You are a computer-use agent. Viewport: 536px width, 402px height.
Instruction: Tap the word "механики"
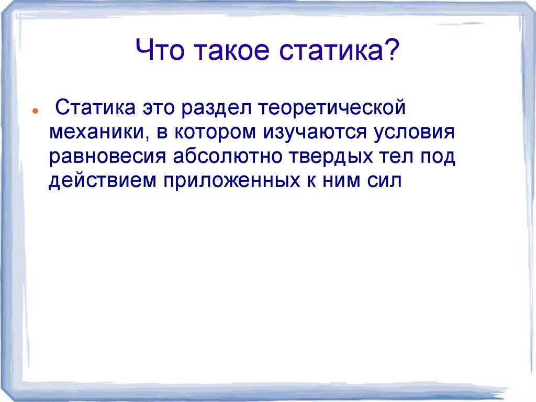(94, 133)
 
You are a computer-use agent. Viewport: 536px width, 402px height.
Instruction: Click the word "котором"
(214, 133)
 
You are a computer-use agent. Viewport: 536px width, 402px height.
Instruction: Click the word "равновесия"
(106, 156)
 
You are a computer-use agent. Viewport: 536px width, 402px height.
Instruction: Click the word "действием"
(102, 180)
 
